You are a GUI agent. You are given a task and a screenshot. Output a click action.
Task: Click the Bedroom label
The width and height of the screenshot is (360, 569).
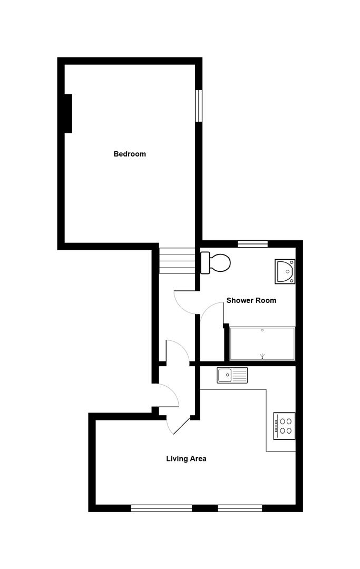click(130, 154)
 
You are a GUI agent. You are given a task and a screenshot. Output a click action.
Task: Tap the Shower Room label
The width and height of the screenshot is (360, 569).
click(251, 301)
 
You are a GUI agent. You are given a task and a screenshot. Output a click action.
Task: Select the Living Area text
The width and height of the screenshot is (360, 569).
click(186, 459)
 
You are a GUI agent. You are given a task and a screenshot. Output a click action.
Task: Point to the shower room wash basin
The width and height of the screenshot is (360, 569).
click(285, 271)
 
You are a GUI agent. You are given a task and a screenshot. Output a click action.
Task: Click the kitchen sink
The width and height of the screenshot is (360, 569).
click(232, 375)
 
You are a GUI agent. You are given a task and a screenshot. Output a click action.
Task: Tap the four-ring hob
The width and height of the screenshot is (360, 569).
click(285, 426)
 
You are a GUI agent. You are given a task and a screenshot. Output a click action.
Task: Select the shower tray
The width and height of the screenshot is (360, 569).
click(262, 344)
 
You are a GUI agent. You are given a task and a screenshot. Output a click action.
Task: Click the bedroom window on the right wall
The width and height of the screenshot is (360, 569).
click(199, 105)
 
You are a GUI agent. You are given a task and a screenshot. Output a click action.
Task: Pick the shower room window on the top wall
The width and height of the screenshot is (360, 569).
click(252, 243)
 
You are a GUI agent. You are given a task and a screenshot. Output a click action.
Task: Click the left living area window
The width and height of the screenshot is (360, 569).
click(161, 508)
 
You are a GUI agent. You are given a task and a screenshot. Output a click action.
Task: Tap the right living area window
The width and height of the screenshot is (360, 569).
click(240, 508)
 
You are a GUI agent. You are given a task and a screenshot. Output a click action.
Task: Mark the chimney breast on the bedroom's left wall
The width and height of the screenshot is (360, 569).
click(68, 113)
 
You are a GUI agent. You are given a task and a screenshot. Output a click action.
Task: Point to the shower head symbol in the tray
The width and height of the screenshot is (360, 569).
click(262, 356)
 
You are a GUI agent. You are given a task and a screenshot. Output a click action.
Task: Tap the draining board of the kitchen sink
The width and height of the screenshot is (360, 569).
click(240, 375)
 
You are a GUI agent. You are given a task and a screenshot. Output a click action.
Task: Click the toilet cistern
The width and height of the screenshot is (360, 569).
click(205, 262)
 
